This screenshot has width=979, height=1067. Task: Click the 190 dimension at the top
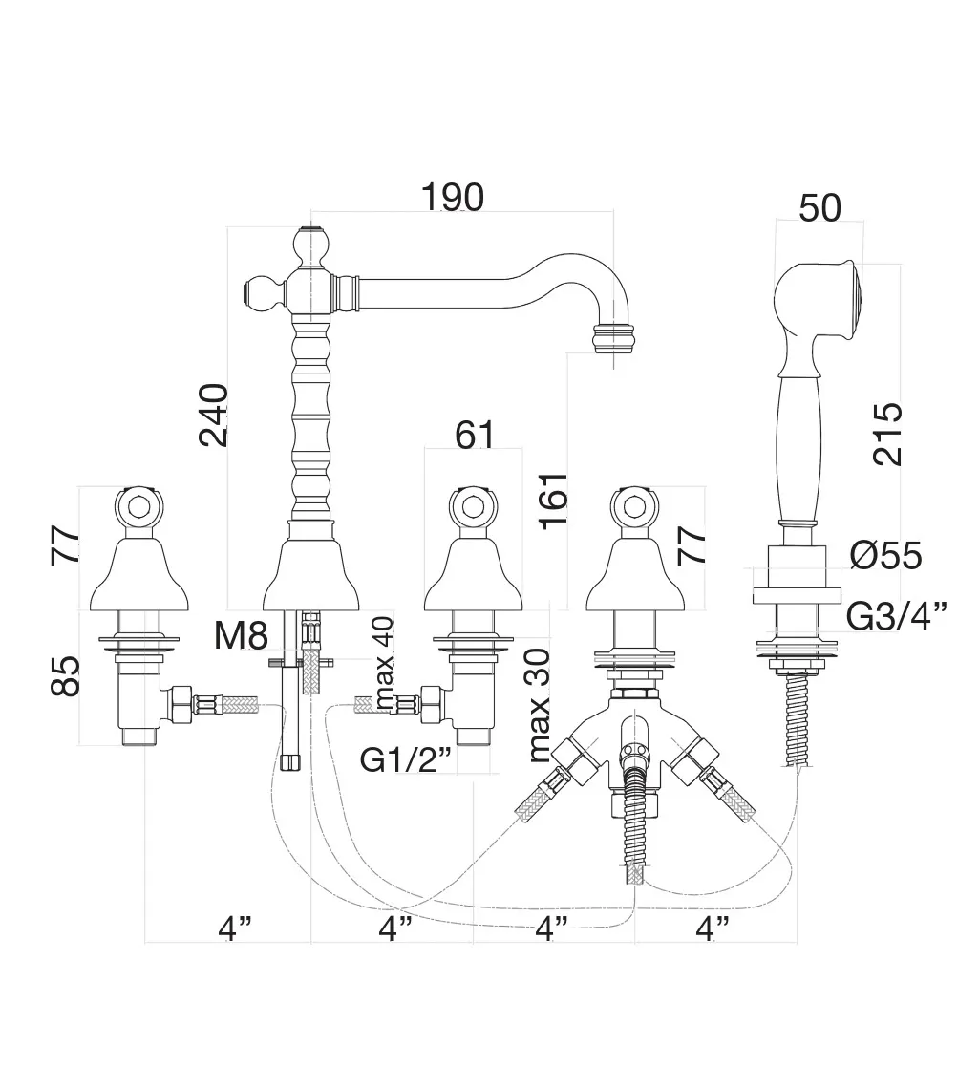tap(452, 197)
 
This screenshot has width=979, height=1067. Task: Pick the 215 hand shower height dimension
tap(886, 434)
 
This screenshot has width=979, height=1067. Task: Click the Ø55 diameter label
tap(884, 555)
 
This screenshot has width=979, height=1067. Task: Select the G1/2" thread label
tap(406, 759)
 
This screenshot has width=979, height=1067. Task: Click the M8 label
tap(241, 635)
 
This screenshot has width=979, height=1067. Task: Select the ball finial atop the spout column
tap(309, 246)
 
